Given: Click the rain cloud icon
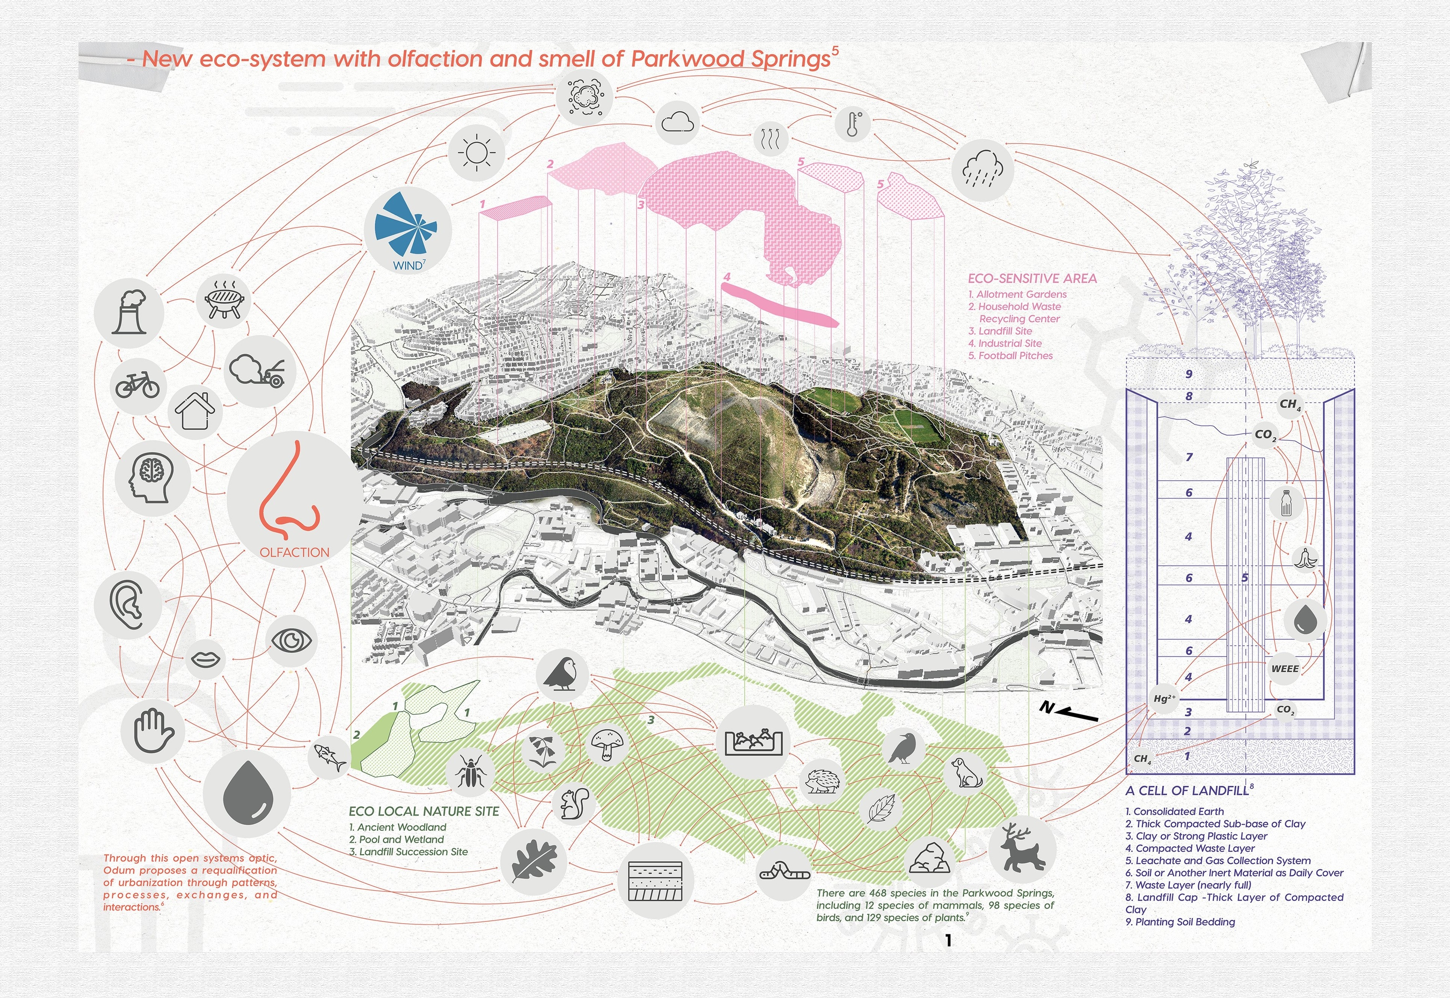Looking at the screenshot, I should coord(982,169).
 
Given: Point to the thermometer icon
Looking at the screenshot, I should coord(853,124).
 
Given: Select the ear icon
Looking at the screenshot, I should coord(128,605).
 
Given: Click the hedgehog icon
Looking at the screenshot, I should coord(822,781).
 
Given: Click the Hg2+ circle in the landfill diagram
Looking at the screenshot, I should coord(1164,699).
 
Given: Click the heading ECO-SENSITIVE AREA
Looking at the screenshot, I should coord(1032,279).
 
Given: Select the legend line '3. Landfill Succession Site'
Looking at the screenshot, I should coord(408,852).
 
